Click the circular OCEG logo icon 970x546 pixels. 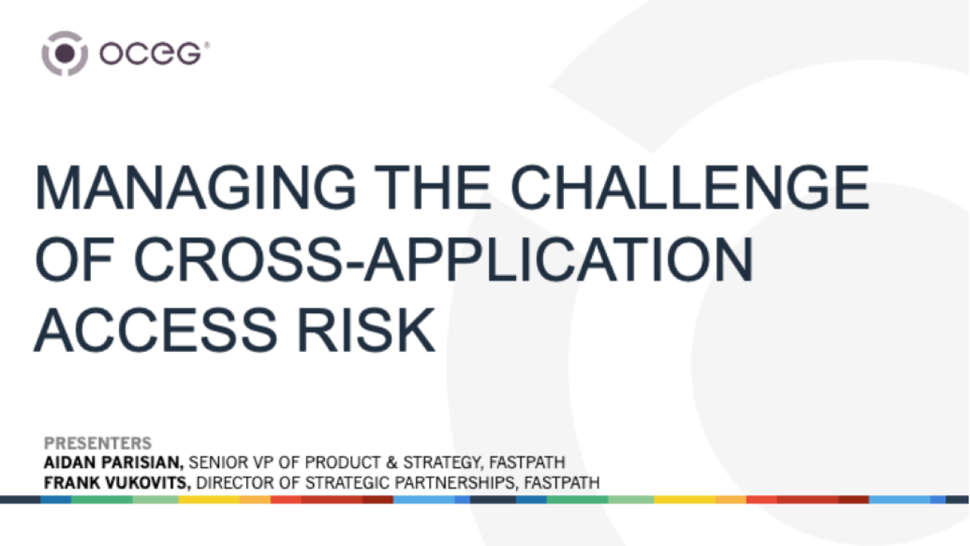pyautogui.click(x=64, y=53)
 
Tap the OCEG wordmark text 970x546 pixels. pyautogui.click(x=152, y=54)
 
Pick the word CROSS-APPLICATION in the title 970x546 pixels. pyautogui.click(x=443, y=260)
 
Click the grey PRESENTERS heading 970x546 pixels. pyautogui.click(x=98, y=444)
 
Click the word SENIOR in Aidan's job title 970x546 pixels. pyautogui.click(x=217, y=463)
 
